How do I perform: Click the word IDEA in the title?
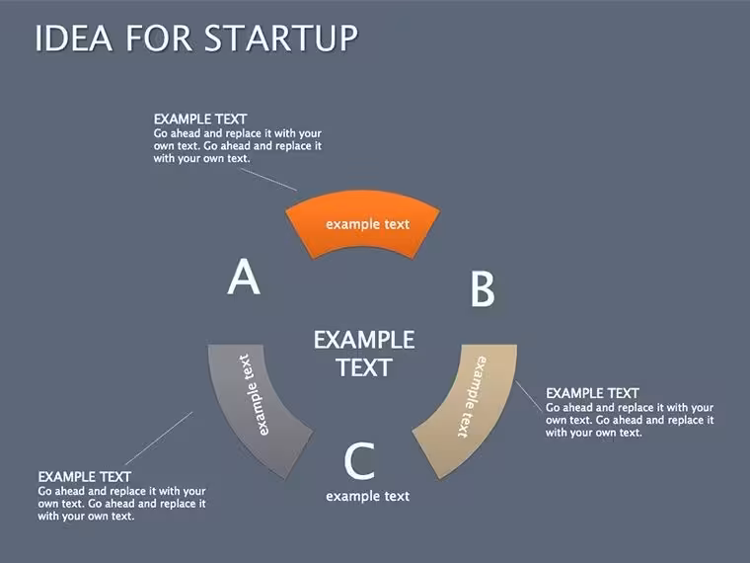coord(74,38)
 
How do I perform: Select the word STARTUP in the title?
coord(281,38)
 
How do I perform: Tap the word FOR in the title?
coord(159,38)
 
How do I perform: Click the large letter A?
coord(244,277)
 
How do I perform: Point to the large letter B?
coord(483,288)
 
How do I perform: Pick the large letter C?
coord(359,461)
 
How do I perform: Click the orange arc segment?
coord(362,224)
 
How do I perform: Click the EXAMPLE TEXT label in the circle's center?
coord(364,354)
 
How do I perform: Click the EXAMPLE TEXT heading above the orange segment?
coord(200,119)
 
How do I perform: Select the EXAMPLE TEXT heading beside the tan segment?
coord(592,393)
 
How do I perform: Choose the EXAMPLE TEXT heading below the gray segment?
coord(84,477)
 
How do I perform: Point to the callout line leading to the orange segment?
coord(268,180)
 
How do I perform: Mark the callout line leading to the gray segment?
coord(159,438)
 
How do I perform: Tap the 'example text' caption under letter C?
coord(367,496)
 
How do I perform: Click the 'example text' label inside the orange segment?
coord(367,224)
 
